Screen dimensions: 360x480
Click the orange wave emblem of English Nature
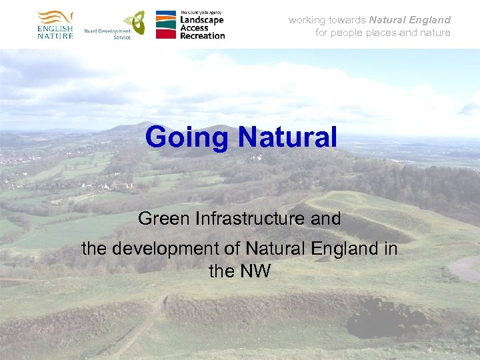point(55,17)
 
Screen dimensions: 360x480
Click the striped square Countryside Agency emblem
point(166,24)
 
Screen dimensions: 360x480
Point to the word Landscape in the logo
point(202,20)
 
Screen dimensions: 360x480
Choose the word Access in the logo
point(195,27)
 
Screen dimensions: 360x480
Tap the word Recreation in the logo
point(202,35)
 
